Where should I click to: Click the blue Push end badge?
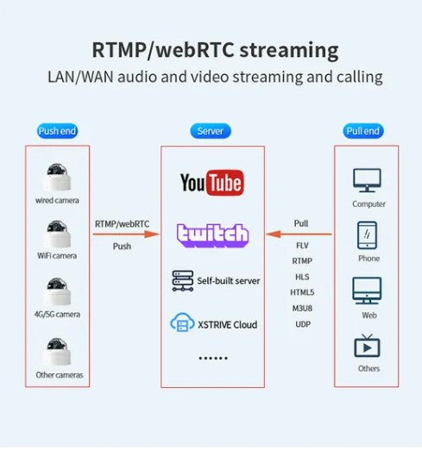tap(57, 131)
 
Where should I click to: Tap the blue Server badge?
tap(211, 131)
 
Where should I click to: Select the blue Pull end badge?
tap(363, 131)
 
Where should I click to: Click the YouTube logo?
tap(212, 183)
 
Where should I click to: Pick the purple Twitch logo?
tap(213, 235)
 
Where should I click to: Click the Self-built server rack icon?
tap(183, 281)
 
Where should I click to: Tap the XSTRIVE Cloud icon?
tap(182, 323)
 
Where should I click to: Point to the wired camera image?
tap(57, 177)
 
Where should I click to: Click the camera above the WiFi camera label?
tap(57, 234)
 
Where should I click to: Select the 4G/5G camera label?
tap(57, 314)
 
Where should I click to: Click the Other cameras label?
tap(60, 375)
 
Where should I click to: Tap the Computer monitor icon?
tap(367, 180)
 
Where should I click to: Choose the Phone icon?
tap(367, 235)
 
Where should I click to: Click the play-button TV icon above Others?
tap(367, 346)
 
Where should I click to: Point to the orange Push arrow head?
tap(152, 234)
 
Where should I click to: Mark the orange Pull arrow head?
tap(274, 234)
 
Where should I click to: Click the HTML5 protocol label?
tap(302, 292)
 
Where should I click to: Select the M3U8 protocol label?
tap(302, 309)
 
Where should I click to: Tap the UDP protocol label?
tap(303, 324)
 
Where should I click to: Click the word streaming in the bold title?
tap(289, 50)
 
